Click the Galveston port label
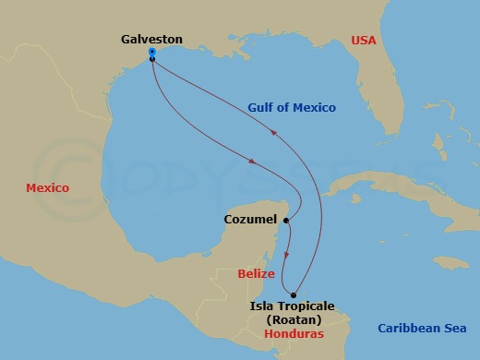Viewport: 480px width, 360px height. coord(151,40)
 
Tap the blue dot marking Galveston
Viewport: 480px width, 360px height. coord(151,53)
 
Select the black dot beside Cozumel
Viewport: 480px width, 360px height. coord(287,221)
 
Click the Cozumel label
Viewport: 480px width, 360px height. coord(251,221)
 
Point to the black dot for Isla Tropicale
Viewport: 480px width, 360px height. coord(294,295)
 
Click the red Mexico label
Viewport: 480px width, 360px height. coord(47,188)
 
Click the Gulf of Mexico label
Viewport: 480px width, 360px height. coord(292,108)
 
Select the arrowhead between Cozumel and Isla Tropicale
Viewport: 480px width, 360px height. coord(287,255)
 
